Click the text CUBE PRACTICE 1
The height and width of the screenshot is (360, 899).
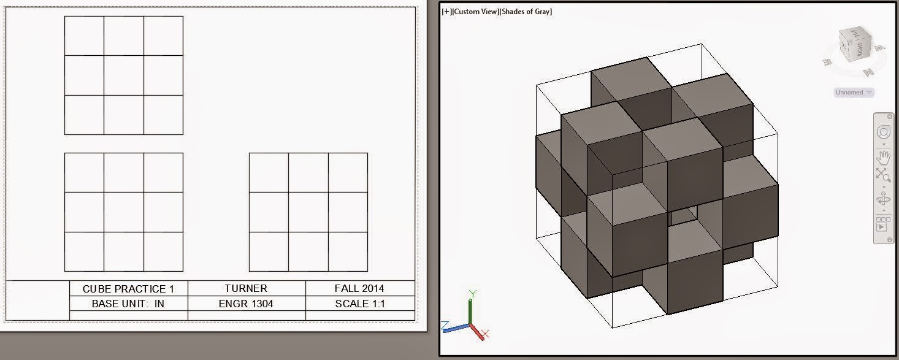pyautogui.click(x=128, y=288)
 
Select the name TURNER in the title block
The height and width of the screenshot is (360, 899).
pyautogui.click(x=246, y=288)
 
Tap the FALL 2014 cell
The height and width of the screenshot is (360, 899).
pyautogui.click(x=359, y=288)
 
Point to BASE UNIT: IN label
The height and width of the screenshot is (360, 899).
pyautogui.click(x=128, y=304)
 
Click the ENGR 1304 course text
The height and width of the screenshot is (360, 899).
pyautogui.click(x=246, y=304)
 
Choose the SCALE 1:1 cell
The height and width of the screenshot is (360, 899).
pyautogui.click(x=360, y=304)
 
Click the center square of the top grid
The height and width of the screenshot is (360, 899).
pyautogui.click(x=124, y=75)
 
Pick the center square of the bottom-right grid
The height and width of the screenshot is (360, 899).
pyautogui.click(x=308, y=212)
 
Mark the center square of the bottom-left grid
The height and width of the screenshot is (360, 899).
pyautogui.click(x=124, y=212)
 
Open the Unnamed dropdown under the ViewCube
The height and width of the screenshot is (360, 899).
pyautogui.click(x=853, y=93)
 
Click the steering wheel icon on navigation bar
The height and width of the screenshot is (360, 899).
pyautogui.click(x=883, y=132)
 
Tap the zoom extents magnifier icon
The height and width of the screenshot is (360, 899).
pyautogui.click(x=883, y=175)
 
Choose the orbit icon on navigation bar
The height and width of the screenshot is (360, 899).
pyautogui.click(x=883, y=199)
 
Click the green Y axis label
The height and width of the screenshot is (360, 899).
pyautogui.click(x=472, y=294)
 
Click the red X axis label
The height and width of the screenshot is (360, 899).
pyautogui.click(x=485, y=334)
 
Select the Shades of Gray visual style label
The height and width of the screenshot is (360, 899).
pyautogui.click(x=526, y=12)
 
